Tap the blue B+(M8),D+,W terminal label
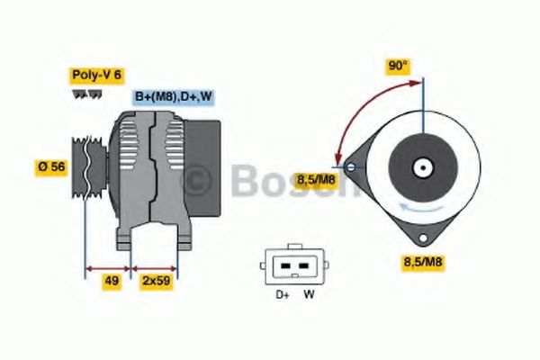(174, 96)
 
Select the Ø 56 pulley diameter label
(52, 166)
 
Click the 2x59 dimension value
(155, 281)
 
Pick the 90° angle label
(398, 66)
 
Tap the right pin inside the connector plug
(304, 266)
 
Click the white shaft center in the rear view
(420, 167)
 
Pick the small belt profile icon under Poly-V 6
(80, 94)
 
